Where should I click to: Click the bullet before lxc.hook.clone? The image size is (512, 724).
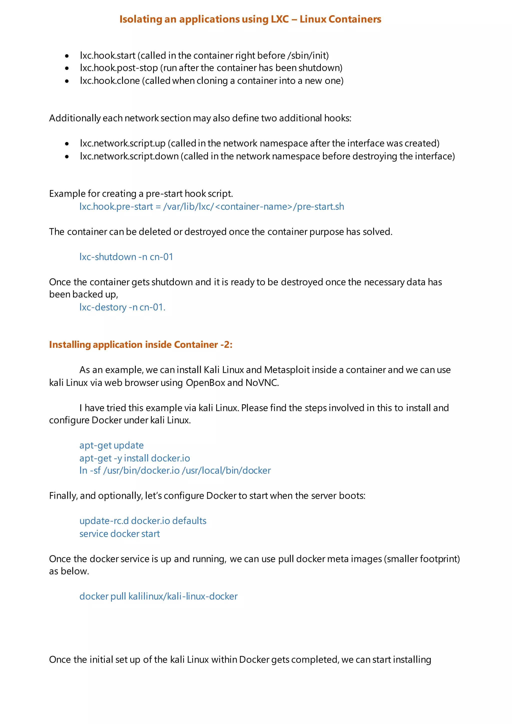pos(67,81)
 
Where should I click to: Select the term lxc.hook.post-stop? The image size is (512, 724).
pos(119,68)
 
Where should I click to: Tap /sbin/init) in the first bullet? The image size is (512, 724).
pos(308,55)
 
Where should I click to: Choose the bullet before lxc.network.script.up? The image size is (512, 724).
pos(67,144)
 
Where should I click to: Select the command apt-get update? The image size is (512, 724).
pos(111,445)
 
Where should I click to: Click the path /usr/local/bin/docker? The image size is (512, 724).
pos(226,470)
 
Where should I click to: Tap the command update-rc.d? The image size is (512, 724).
pos(104,521)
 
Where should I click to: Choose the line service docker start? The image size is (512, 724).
pos(119,534)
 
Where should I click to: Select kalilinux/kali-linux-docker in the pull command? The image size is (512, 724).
pos(183,596)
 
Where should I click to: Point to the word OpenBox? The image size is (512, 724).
pos(205,383)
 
